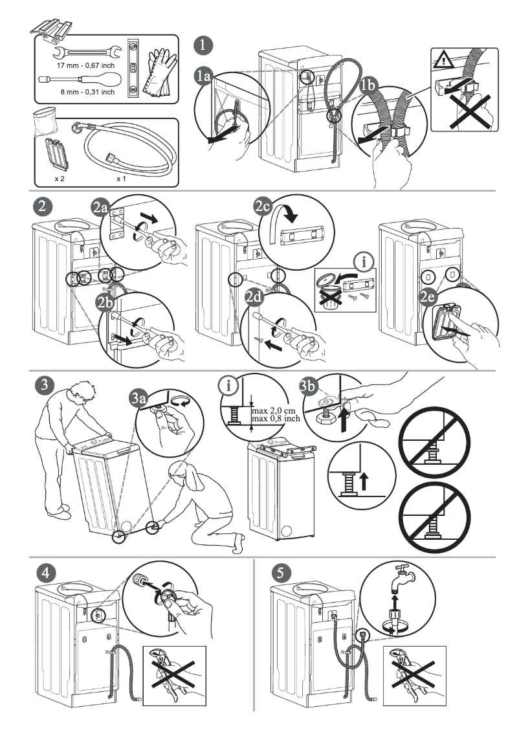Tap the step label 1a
[x=204, y=76]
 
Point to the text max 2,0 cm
[x=271, y=411]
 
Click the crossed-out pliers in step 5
[x=412, y=675]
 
